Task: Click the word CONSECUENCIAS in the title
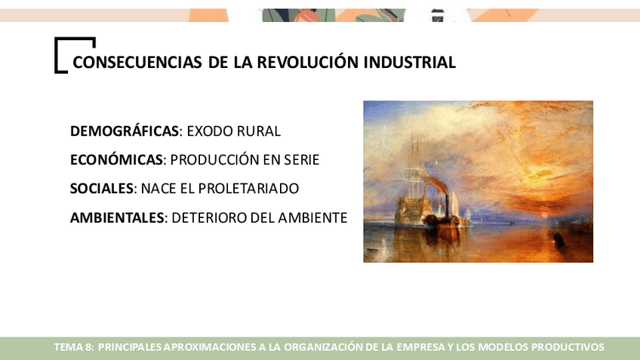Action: (137, 63)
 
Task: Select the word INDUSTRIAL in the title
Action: (409, 63)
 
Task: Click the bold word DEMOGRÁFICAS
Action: (125, 131)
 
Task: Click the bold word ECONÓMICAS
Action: (116, 159)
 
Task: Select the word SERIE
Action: (302, 159)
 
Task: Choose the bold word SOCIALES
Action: (102, 189)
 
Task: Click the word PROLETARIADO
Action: (248, 189)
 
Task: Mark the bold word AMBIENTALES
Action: (117, 217)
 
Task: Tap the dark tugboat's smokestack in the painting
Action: (447, 203)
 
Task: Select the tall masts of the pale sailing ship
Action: (415, 163)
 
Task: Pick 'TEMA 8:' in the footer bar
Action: (74, 347)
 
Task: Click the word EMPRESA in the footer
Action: (421, 347)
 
